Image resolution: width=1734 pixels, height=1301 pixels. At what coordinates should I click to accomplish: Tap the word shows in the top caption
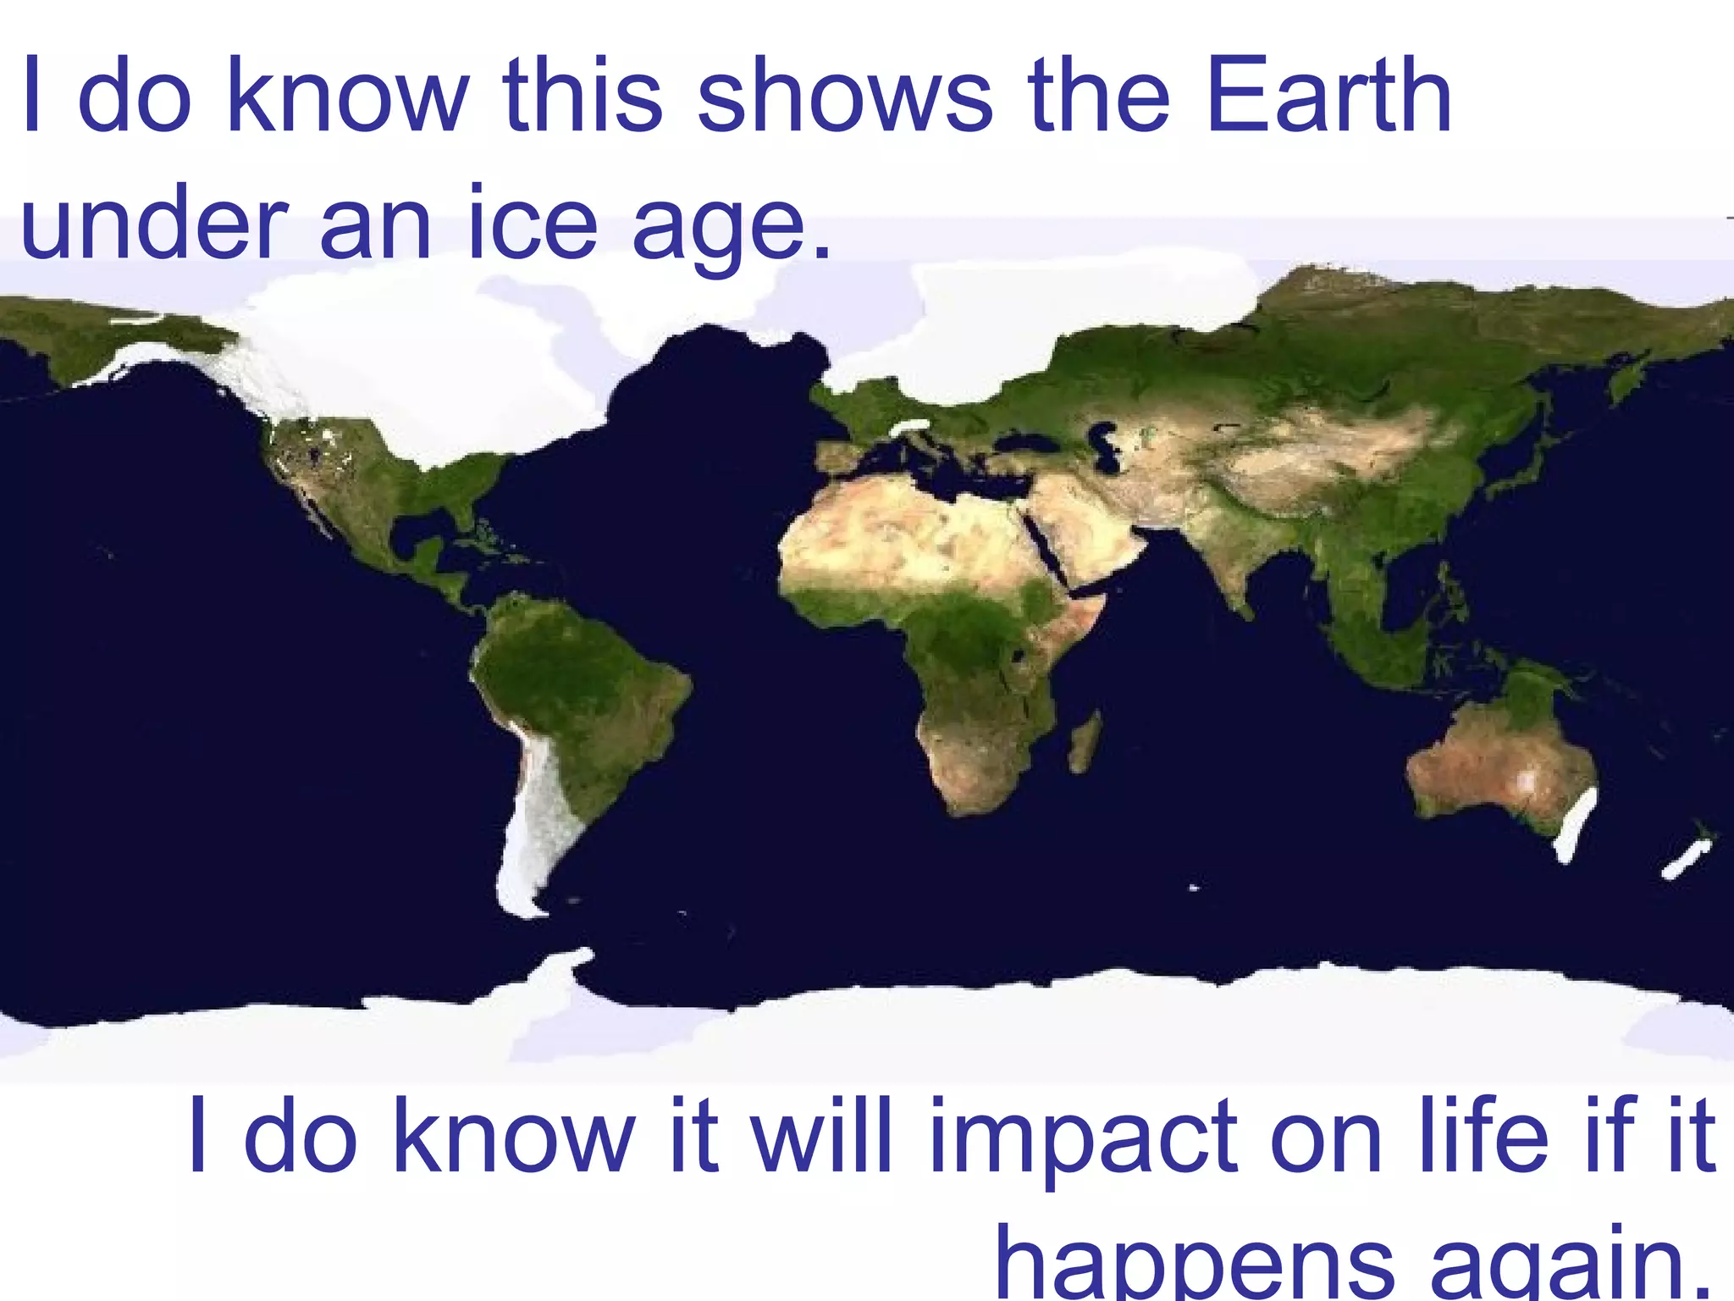point(844,95)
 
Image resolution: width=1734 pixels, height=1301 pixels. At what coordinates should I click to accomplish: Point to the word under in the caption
point(152,223)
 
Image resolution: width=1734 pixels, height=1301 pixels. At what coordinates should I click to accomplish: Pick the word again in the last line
point(1566,1266)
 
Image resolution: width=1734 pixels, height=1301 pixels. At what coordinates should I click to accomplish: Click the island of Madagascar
point(1085,742)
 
